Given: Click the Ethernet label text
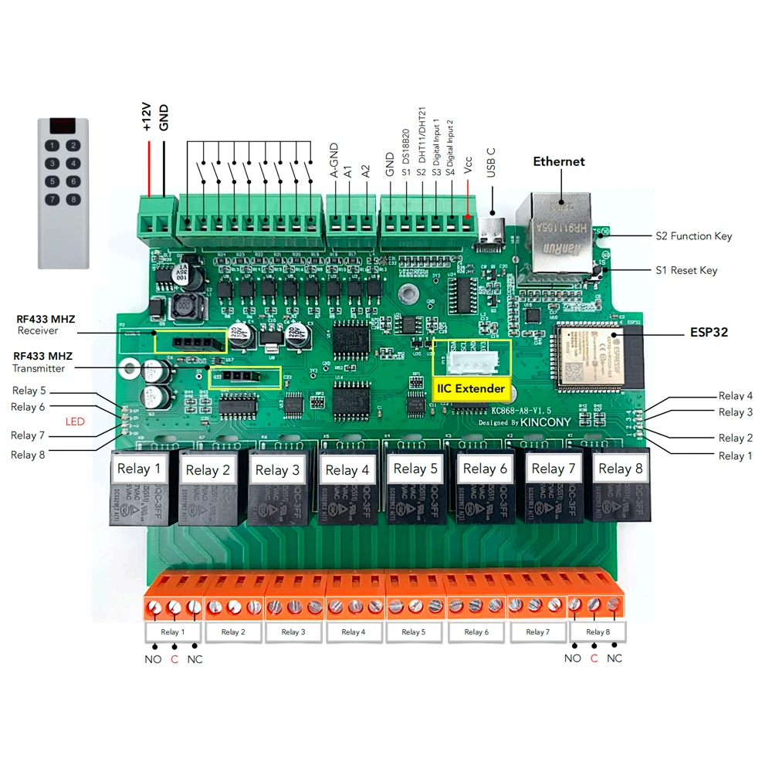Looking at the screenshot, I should (559, 161).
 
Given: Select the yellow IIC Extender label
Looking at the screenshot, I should (471, 388).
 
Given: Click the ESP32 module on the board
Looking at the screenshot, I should (594, 356).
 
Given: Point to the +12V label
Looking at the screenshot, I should (147, 119).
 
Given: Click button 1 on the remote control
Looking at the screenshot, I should (52, 145).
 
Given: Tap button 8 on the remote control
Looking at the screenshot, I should (73, 200).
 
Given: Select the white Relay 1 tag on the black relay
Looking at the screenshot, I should (139, 469).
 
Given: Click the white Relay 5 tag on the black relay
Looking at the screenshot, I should (415, 469).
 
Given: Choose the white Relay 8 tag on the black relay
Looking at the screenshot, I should (620, 469).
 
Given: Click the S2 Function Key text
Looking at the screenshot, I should (693, 236).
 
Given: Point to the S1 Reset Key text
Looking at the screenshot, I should (686, 270).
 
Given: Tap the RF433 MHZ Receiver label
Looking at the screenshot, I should (46, 324).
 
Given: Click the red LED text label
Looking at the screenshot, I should (75, 422).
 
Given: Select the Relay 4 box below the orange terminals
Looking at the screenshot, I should (352, 632).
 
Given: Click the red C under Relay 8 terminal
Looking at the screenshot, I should (594, 659).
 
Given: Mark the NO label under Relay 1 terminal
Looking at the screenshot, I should (153, 659).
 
